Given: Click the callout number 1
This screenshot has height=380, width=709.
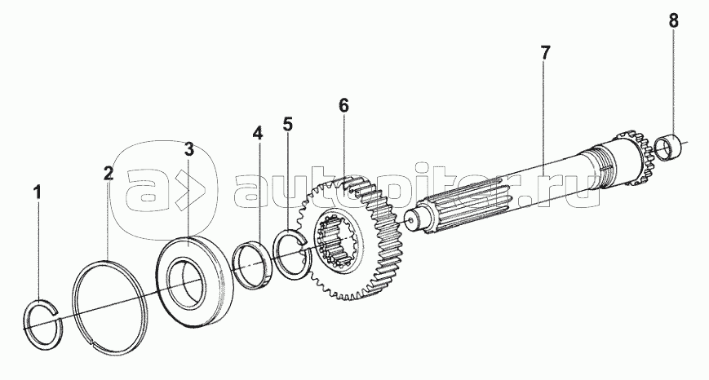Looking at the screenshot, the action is point(38,193).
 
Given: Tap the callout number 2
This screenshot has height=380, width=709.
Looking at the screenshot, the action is point(108,173).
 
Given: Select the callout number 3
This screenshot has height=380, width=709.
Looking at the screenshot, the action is point(188,149).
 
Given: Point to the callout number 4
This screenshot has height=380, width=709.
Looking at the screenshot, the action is point(257,134).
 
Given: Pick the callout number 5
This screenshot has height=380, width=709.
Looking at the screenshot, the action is point(288,124).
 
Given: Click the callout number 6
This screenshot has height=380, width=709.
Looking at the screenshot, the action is point(343,106).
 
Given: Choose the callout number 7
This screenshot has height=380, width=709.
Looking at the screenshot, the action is point(545,53).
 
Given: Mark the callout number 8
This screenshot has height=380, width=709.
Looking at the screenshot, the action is point(674,20).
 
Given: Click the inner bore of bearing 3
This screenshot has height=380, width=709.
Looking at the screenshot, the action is point(185,281).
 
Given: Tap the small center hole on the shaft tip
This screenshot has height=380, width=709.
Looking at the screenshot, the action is point(410,221).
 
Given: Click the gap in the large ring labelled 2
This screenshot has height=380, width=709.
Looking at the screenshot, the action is point(93,345).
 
